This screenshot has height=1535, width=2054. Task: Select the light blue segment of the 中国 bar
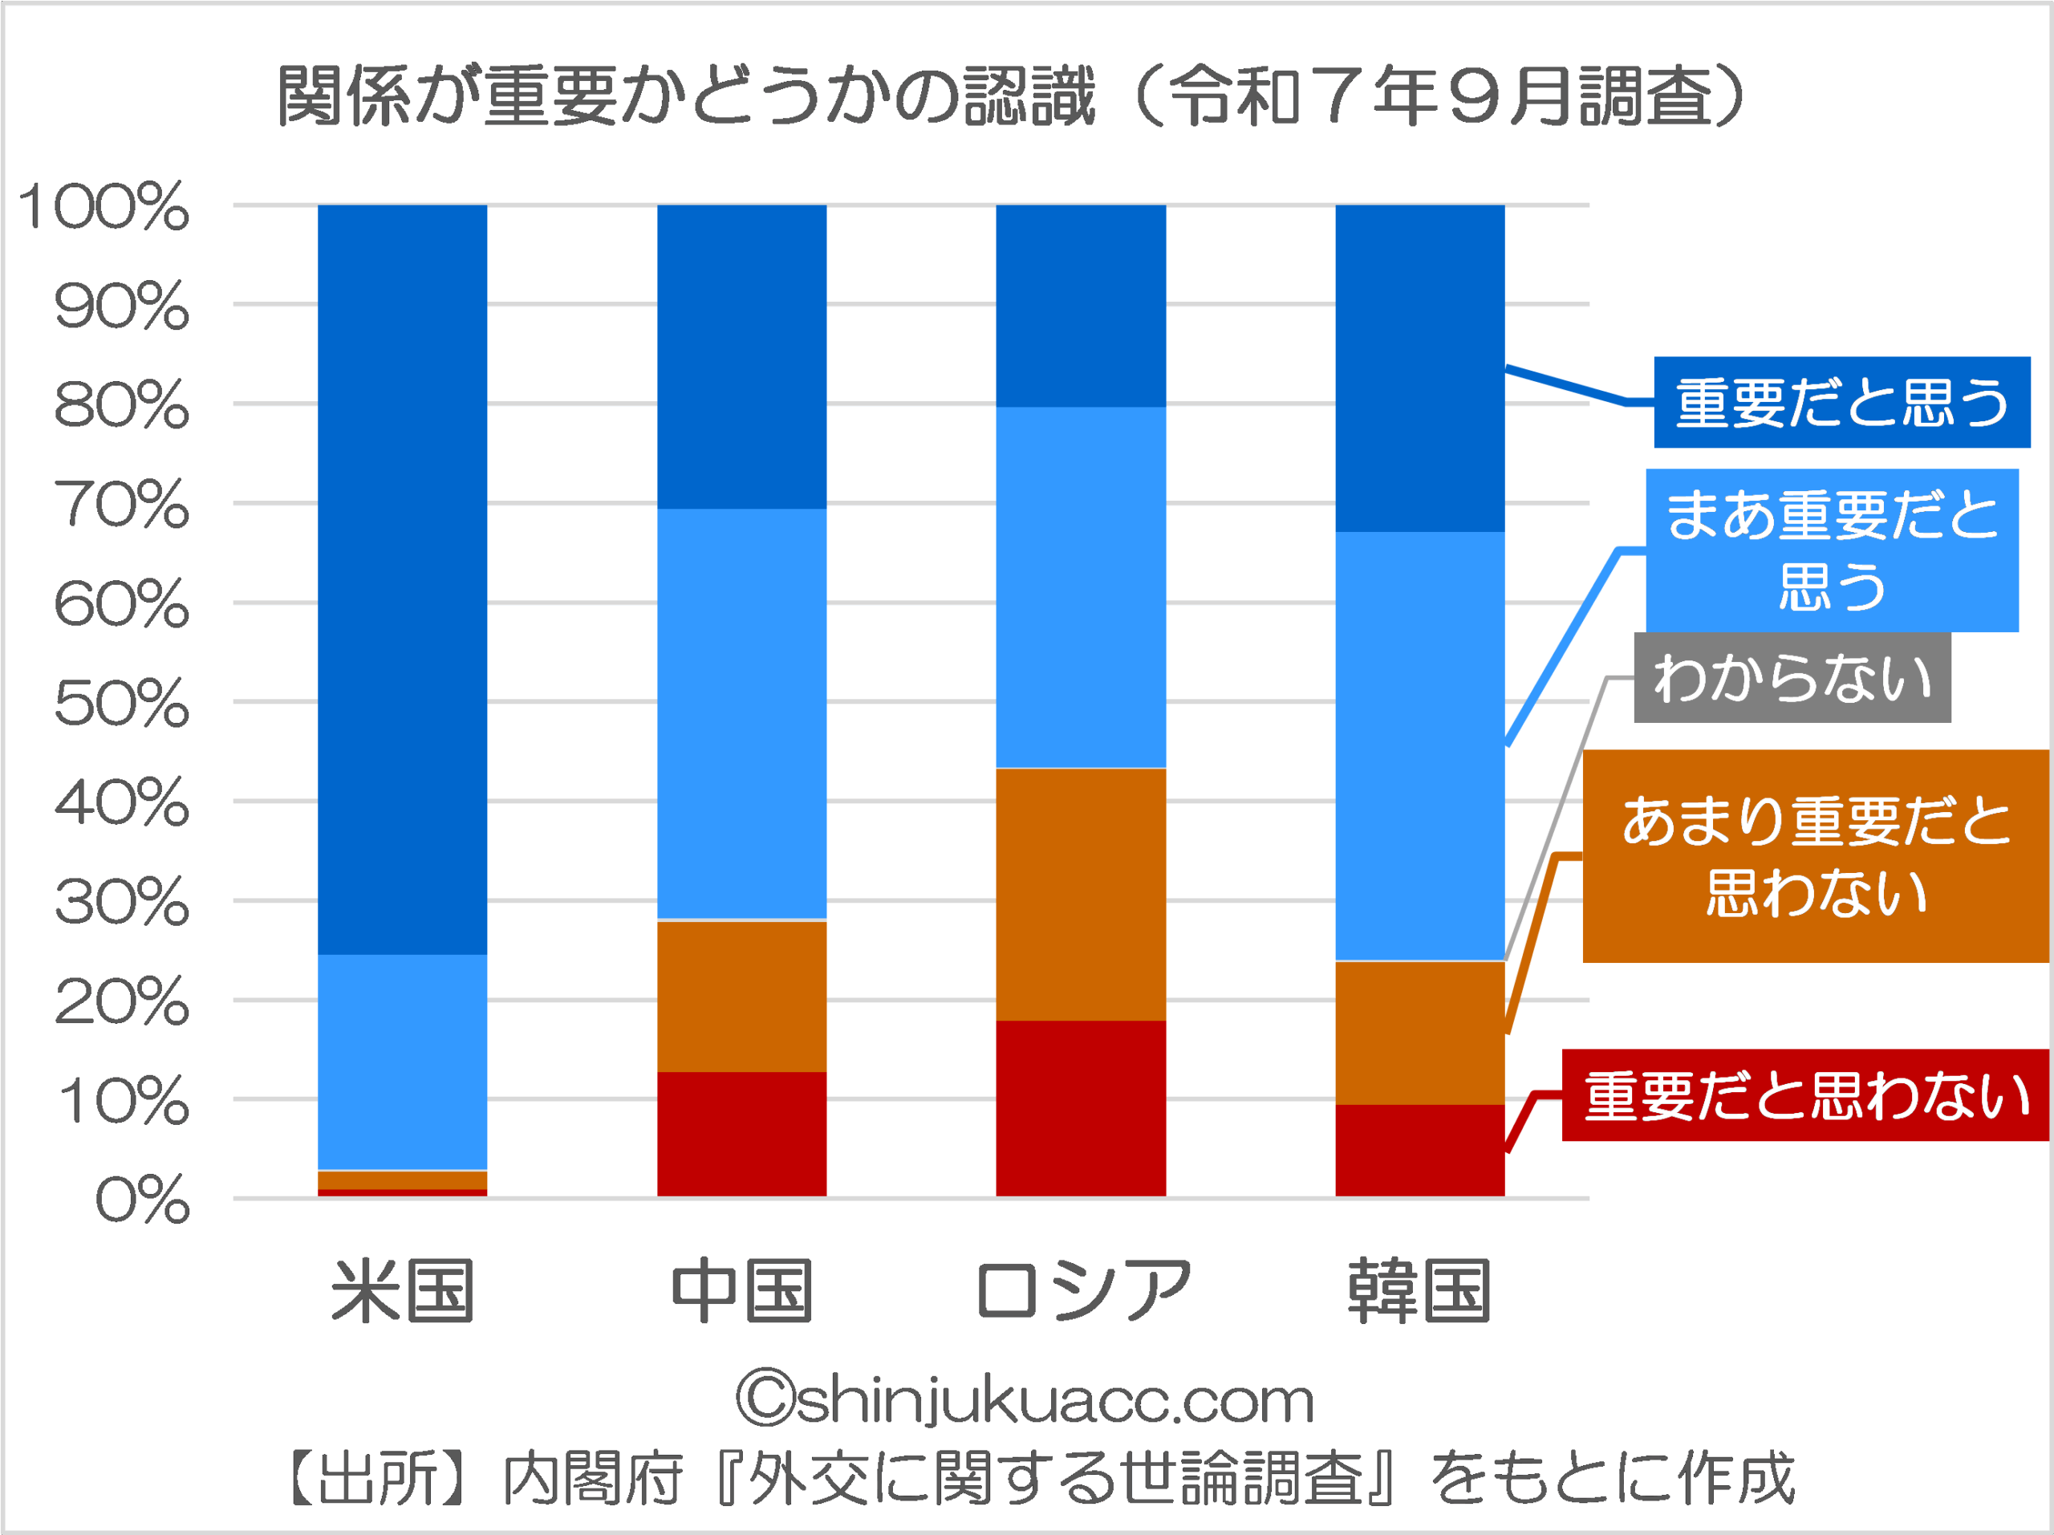pos(742,713)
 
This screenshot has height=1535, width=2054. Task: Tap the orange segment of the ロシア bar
pos(1081,893)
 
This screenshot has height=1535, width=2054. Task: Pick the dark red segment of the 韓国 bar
pos(1420,1150)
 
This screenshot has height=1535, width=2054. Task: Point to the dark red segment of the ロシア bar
pos(1081,1108)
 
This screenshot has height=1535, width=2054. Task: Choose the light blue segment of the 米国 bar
pos(402,1062)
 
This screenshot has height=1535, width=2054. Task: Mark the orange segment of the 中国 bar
pos(742,996)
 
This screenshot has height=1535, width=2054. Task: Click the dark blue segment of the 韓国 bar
pos(1420,368)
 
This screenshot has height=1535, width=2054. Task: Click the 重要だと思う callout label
pos(1841,402)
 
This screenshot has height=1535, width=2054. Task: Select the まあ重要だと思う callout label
pos(1831,550)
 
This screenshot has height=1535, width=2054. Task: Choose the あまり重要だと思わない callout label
pos(1816,856)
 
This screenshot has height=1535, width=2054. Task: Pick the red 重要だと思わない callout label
pos(1805,1094)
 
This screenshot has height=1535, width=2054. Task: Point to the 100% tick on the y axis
pos(104,206)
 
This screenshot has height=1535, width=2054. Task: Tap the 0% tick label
pos(142,1200)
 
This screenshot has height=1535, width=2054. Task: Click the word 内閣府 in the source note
pos(592,1478)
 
